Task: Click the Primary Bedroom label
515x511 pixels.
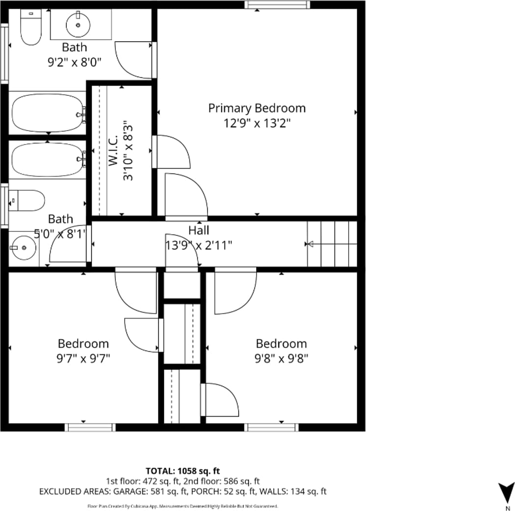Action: [257, 108]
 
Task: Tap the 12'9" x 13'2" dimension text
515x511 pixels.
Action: [257, 123]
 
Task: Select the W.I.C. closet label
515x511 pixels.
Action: [113, 150]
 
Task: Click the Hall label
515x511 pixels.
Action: [199, 230]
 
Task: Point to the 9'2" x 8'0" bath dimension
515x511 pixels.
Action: [75, 62]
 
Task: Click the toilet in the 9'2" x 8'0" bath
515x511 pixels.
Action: [31, 27]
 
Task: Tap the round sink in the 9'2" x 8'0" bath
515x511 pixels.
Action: [78, 25]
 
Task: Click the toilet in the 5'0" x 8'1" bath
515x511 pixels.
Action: [27, 200]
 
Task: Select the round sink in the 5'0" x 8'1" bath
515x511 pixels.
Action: [23, 248]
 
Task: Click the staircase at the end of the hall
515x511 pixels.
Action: [332, 244]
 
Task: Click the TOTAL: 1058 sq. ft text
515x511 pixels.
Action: [183, 471]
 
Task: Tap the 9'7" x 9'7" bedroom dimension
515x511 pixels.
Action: [83, 358]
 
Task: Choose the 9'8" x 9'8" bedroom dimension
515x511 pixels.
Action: [281, 358]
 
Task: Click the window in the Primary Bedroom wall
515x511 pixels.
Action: [277, 4]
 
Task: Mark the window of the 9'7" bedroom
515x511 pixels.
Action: [90, 427]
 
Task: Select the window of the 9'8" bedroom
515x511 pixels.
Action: [271, 427]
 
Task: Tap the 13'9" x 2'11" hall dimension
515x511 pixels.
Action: [199, 245]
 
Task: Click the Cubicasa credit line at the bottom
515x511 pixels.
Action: [183, 506]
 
